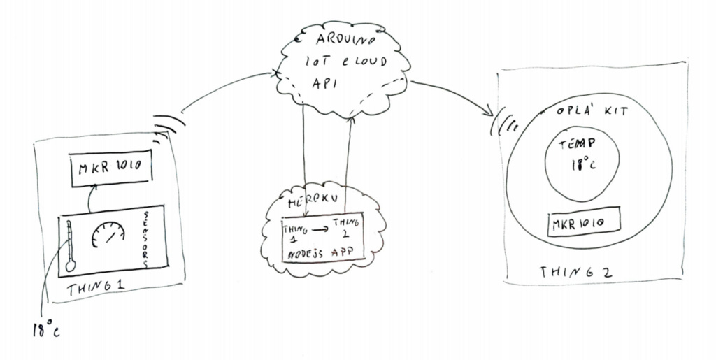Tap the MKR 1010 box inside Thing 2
pos(585,222)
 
